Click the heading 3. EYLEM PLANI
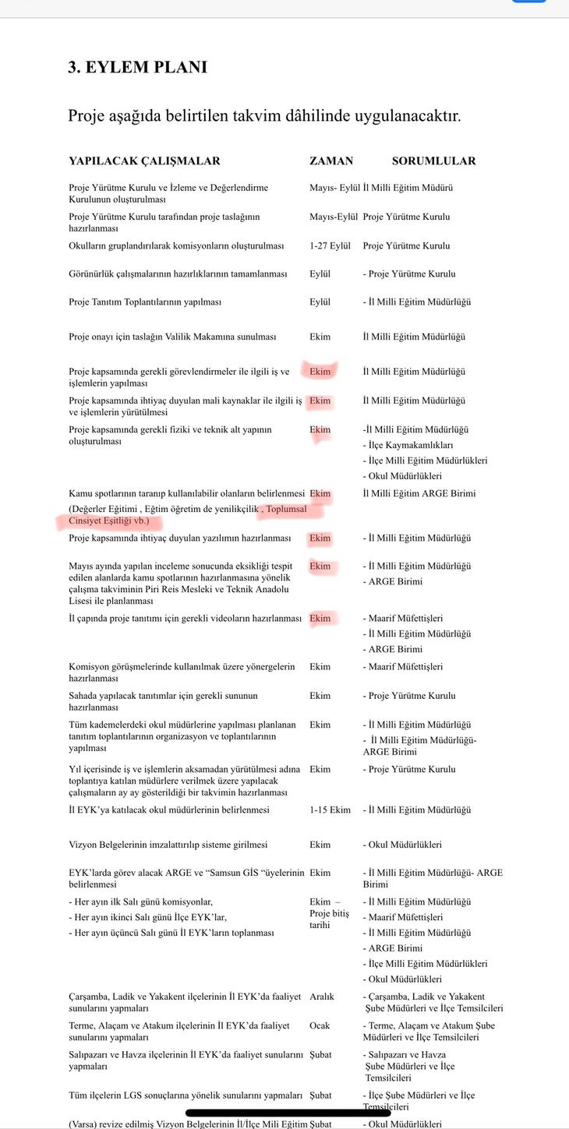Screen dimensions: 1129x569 click(x=137, y=67)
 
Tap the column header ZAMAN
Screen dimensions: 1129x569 click(x=331, y=161)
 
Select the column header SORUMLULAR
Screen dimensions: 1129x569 click(x=433, y=161)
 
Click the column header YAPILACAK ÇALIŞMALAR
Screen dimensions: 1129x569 click(x=144, y=161)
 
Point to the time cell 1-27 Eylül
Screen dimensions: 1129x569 click(x=330, y=246)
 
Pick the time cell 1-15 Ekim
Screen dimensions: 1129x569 click(x=330, y=810)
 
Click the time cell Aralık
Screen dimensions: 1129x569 click(x=321, y=997)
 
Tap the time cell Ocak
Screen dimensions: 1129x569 click(x=320, y=1026)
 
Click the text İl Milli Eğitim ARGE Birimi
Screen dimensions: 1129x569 click(x=419, y=493)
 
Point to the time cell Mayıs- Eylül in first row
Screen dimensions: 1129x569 click(x=334, y=189)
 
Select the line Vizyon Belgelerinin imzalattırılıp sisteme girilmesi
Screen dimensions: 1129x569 click(x=168, y=845)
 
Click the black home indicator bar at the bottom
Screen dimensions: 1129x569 click(x=277, y=1113)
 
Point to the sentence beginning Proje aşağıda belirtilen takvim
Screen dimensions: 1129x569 click(x=264, y=117)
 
